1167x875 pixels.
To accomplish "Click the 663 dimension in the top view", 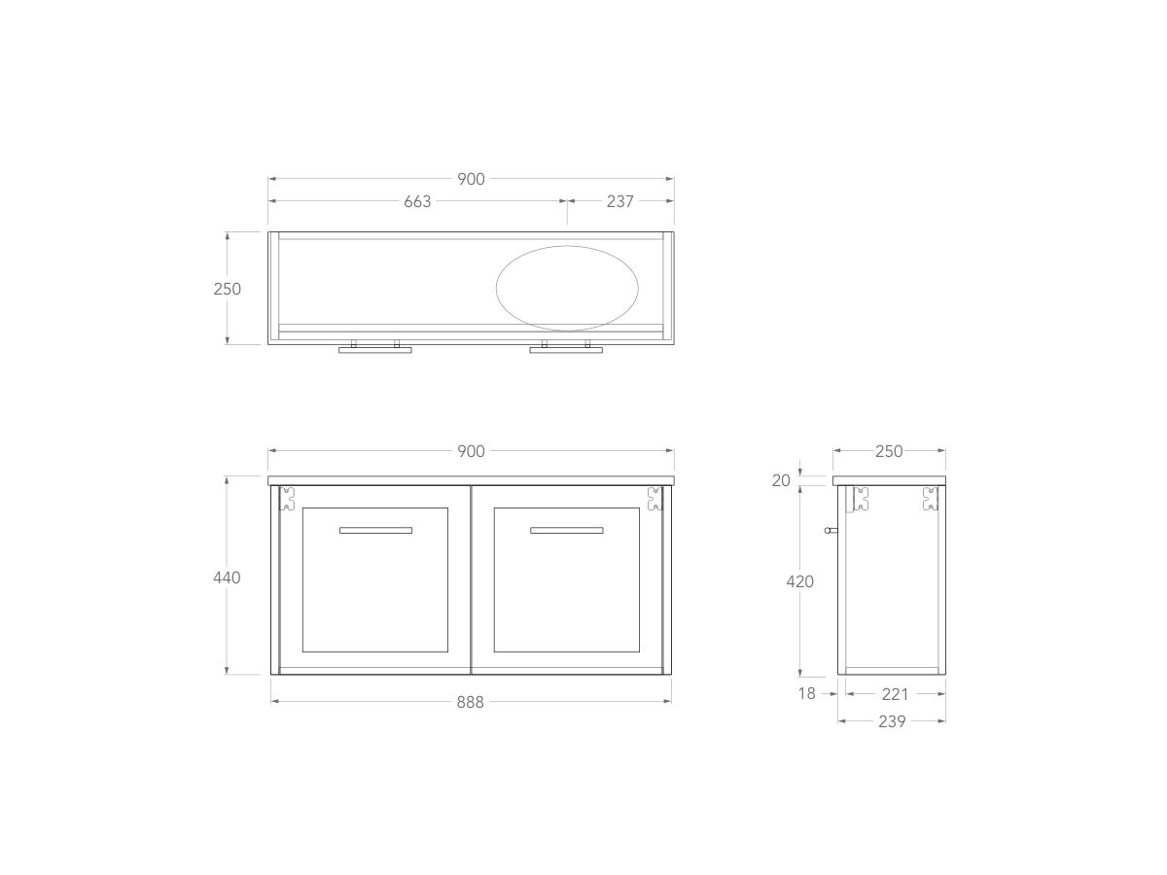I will (x=416, y=201).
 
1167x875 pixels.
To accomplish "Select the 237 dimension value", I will (x=619, y=201).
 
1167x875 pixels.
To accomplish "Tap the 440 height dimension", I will (x=227, y=577).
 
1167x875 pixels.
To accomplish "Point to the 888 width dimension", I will (x=470, y=702).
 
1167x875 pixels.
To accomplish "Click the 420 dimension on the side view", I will (x=799, y=581).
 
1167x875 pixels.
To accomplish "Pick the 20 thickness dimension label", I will (x=782, y=480).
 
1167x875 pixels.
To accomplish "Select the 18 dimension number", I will (x=807, y=694).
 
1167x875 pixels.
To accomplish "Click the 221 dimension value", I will (x=895, y=694).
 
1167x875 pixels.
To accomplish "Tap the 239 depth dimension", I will (x=892, y=721).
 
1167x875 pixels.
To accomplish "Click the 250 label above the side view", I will (x=889, y=451).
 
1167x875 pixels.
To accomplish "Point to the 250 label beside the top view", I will (x=227, y=289).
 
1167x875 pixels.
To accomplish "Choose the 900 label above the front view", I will (x=471, y=451).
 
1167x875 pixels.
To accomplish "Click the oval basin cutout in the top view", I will (x=568, y=286).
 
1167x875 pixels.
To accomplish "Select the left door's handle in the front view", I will (x=375, y=530).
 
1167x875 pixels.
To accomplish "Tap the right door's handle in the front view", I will (x=566, y=530).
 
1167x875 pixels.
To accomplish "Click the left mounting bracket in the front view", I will (x=288, y=500).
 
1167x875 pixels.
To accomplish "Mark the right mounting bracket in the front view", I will (x=654, y=500).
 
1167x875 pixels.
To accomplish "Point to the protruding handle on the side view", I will (x=830, y=531).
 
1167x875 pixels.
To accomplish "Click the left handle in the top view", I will (x=375, y=348).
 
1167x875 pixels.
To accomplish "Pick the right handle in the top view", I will (x=566, y=348).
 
